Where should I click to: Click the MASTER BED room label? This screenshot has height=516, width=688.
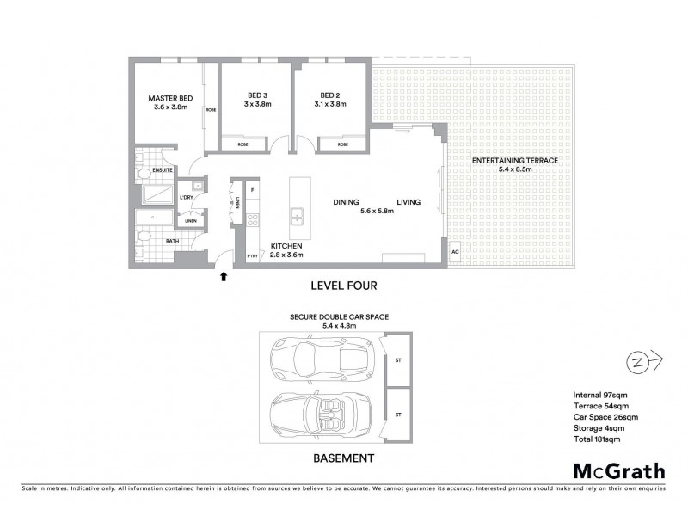pyautogui.click(x=169, y=99)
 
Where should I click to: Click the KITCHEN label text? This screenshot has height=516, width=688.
pyautogui.click(x=287, y=245)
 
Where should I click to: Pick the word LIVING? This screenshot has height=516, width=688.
pyautogui.click(x=408, y=202)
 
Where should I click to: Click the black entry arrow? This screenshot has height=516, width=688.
pyautogui.click(x=224, y=276)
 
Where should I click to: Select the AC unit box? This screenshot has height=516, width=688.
pyautogui.click(x=455, y=253)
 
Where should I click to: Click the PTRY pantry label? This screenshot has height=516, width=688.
pyautogui.click(x=252, y=255)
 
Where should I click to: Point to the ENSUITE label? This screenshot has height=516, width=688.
pyautogui.click(x=163, y=170)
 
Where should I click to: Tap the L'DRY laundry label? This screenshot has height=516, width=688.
pyautogui.click(x=186, y=199)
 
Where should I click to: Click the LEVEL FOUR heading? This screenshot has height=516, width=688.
pyautogui.click(x=343, y=284)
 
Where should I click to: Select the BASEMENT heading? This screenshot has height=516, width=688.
pyautogui.click(x=342, y=458)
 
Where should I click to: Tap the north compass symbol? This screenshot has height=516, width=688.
pyautogui.click(x=638, y=359)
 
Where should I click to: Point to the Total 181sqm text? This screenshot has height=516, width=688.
pyautogui.click(x=596, y=439)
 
